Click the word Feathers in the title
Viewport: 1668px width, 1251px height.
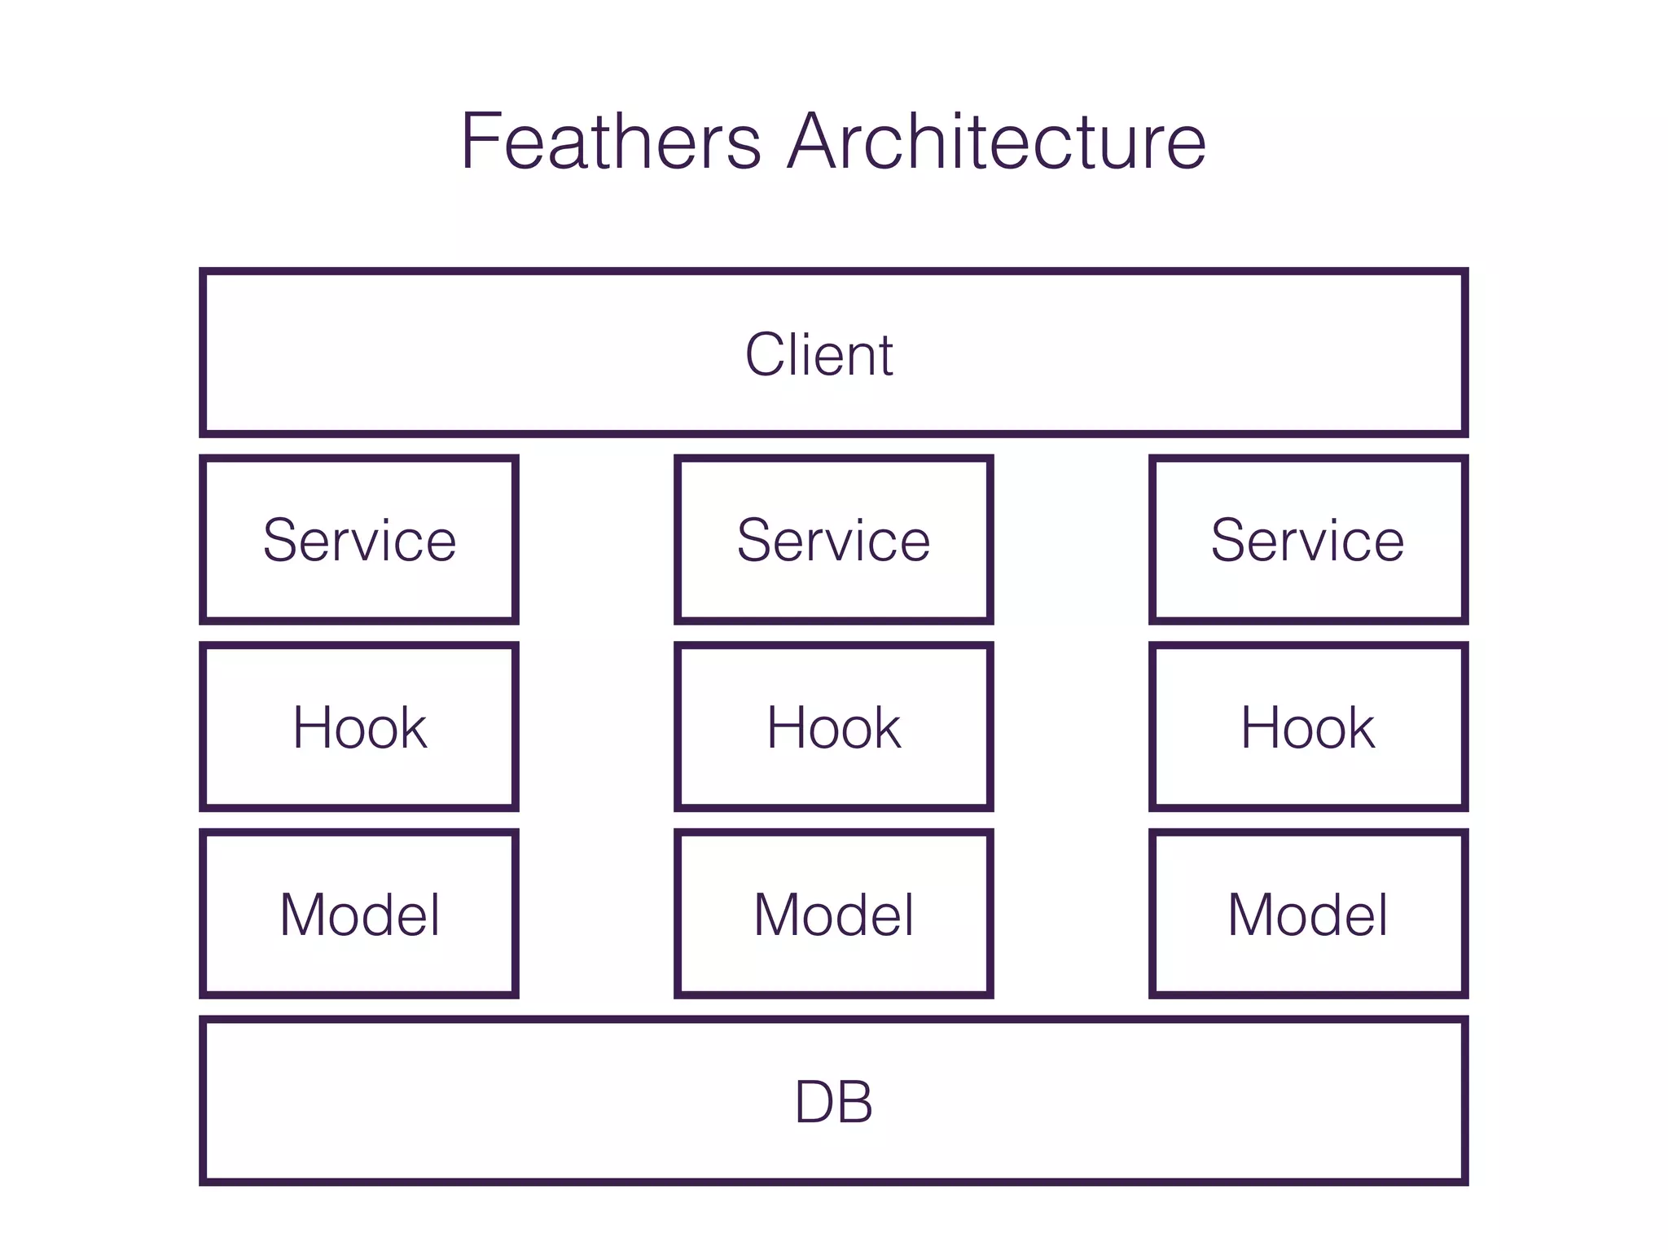tap(611, 142)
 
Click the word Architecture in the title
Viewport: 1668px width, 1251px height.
tap(997, 142)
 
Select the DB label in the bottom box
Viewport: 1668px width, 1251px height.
tap(833, 1102)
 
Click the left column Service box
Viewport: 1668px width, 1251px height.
tap(359, 540)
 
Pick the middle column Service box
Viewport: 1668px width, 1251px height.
tap(833, 540)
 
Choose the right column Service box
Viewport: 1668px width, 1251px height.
tap(1308, 540)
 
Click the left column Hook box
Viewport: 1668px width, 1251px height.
tap(359, 726)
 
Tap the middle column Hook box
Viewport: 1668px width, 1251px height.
tap(833, 726)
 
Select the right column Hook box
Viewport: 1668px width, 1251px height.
tap(1308, 726)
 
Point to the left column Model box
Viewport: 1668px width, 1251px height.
tap(359, 914)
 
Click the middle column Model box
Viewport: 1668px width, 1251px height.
tap(833, 914)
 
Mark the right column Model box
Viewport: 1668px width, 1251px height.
tap(1308, 914)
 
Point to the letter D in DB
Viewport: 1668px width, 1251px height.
tap(814, 1102)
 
